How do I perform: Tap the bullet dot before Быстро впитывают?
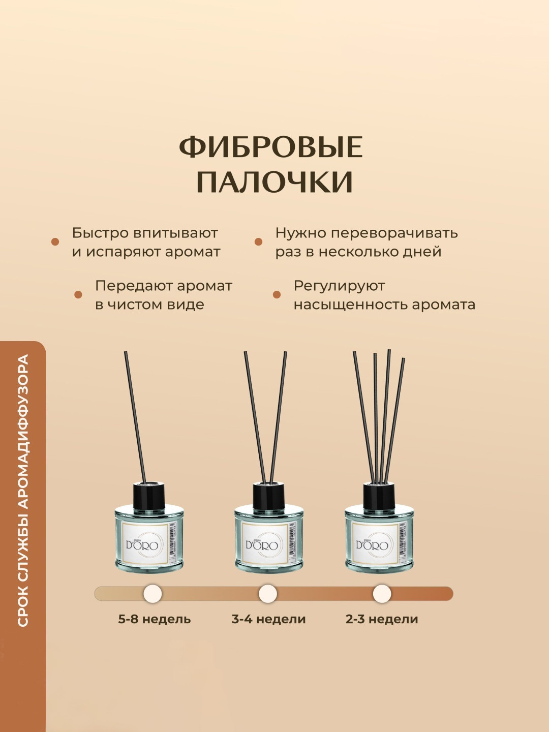tap(55, 242)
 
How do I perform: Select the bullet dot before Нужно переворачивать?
tap(258, 242)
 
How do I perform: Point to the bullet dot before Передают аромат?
tap(78, 294)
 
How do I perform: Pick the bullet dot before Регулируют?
tap(277, 294)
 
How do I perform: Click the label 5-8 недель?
tap(155, 619)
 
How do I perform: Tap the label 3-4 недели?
tap(269, 619)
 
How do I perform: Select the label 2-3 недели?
tap(382, 619)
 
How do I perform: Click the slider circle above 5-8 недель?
tap(152, 594)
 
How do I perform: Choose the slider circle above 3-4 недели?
tap(268, 594)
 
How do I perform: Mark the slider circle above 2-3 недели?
tap(382, 594)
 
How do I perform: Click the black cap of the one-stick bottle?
tap(149, 494)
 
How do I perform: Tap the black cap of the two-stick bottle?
tap(269, 494)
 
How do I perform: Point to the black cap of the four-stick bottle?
tap(379, 494)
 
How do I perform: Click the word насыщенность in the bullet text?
tap(350, 305)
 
